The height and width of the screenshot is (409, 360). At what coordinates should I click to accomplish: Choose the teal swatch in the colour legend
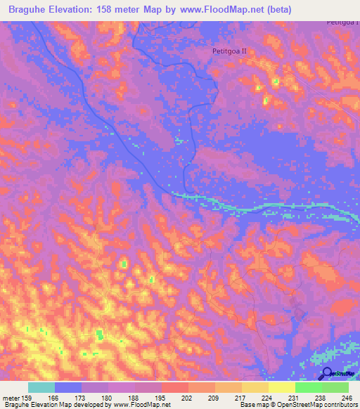(x=41, y=387)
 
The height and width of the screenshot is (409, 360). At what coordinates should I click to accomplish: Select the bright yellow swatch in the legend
(x=282, y=387)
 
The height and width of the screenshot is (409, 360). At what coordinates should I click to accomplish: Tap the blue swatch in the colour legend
(x=68, y=387)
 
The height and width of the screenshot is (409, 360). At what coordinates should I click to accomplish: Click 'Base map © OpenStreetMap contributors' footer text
(x=297, y=405)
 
